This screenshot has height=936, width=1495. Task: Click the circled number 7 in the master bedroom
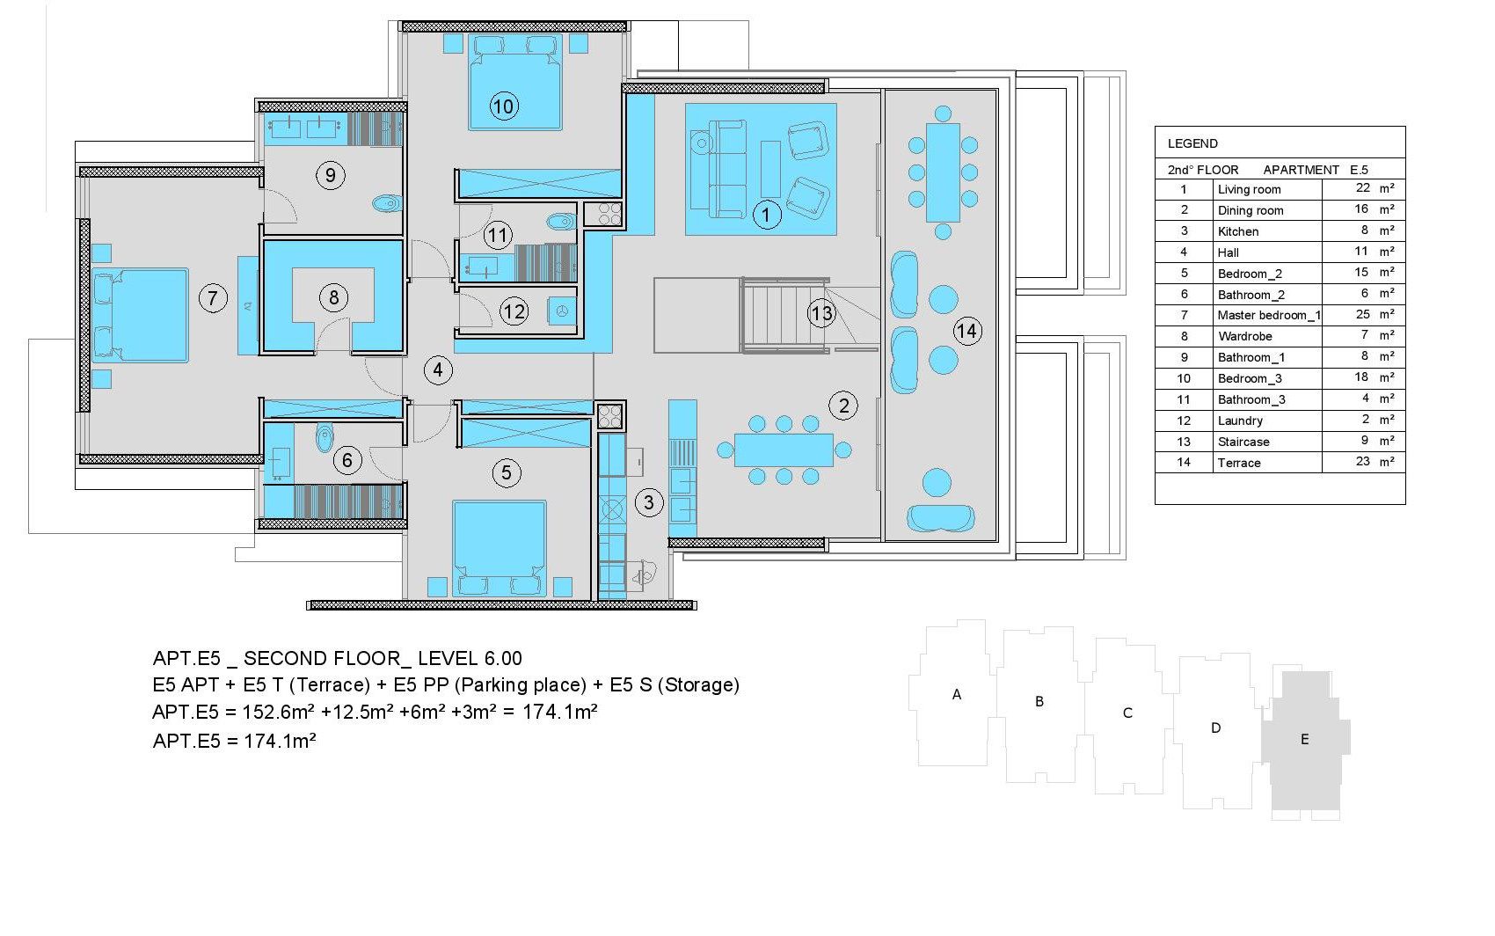tap(213, 297)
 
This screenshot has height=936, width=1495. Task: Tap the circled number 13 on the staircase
tap(821, 313)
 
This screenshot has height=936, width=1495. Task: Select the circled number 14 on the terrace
tap(967, 331)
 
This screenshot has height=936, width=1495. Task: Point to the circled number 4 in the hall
tap(438, 369)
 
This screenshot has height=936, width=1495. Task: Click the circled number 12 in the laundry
tap(514, 311)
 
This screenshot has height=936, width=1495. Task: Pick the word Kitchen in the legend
tap(1238, 231)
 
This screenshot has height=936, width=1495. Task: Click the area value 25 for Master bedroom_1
tap(1363, 314)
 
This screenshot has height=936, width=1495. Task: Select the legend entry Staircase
tap(1243, 442)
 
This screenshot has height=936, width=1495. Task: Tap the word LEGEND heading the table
tap(1192, 143)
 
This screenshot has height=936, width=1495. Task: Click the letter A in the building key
tap(957, 694)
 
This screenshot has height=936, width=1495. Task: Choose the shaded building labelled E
tap(1305, 742)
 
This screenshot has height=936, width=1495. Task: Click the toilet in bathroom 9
tap(388, 203)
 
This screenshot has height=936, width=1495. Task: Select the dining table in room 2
tap(784, 450)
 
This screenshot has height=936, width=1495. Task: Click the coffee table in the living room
tap(770, 169)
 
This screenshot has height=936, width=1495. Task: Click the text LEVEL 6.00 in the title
tap(470, 658)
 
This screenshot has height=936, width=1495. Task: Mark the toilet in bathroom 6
tap(324, 438)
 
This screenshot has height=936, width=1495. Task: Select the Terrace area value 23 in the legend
tap(1363, 461)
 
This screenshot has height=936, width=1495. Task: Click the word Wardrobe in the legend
tap(1244, 336)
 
